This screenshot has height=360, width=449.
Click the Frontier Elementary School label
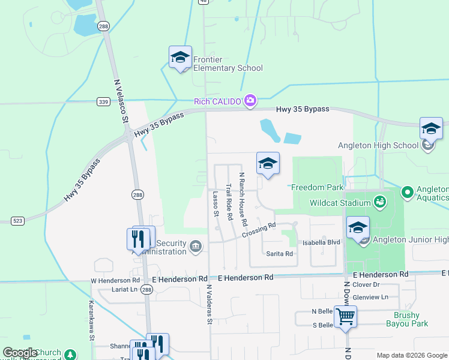coord(228,64)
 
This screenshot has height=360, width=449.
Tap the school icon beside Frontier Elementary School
coord(180,57)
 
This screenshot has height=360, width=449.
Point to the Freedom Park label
coord(318,187)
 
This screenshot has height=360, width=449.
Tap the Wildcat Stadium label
coord(340,202)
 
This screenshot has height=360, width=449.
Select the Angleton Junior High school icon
coord(358,228)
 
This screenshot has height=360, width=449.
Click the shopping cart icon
coord(345,316)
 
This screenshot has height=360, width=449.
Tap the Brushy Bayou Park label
coord(411,319)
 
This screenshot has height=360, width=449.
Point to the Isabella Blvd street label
coord(321,242)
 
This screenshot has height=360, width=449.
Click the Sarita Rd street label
coord(280,254)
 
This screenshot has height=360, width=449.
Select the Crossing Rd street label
coord(259,230)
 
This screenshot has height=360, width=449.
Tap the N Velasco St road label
coord(121,101)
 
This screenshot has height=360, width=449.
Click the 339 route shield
coord(103,102)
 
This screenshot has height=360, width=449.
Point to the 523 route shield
coord(17,221)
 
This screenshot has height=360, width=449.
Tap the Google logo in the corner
coord(20,353)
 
